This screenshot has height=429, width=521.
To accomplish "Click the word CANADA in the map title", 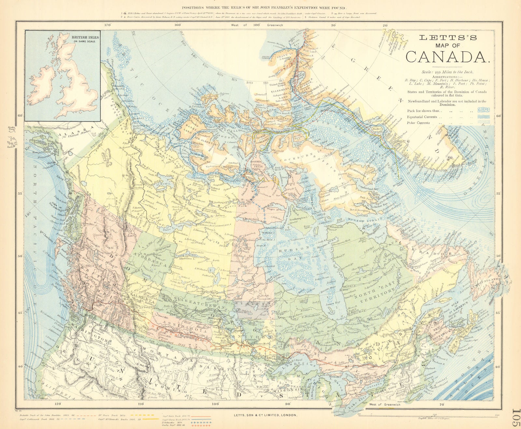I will tap(448, 56).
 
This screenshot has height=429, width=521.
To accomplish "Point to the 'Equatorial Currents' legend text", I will tap(422, 117).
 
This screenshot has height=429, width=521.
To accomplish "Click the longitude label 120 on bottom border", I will tap(58, 404).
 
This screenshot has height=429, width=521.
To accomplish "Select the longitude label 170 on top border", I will tap(108, 25).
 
